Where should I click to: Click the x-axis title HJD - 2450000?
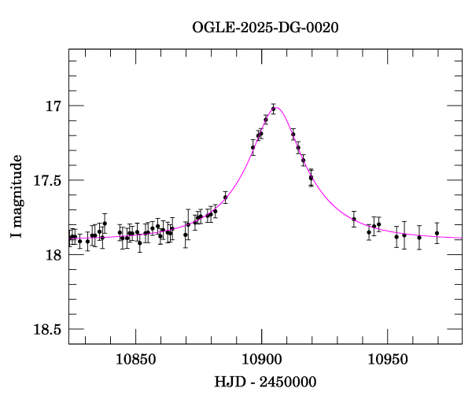(x=265, y=383)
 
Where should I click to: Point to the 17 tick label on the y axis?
(x=52, y=106)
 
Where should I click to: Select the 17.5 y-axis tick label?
(x=45, y=180)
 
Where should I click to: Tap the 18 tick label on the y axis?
(x=52, y=255)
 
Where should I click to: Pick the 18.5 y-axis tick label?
(x=45, y=329)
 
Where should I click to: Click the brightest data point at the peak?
(x=273, y=109)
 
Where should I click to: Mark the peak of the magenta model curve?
(x=277, y=107)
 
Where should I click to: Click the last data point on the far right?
(x=437, y=233)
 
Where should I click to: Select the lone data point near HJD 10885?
(x=225, y=198)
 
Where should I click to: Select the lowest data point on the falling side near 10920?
(x=311, y=178)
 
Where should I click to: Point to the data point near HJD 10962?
(x=419, y=237)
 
